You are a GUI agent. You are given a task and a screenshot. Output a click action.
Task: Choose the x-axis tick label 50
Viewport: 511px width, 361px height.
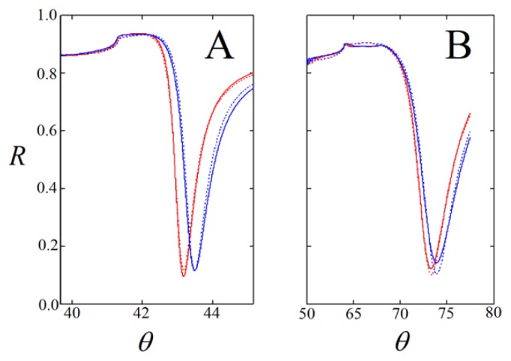coord(307,315)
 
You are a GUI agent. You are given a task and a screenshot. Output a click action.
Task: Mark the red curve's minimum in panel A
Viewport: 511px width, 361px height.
coord(183,276)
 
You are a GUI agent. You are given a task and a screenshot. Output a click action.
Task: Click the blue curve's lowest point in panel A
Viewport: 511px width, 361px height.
coord(195,270)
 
